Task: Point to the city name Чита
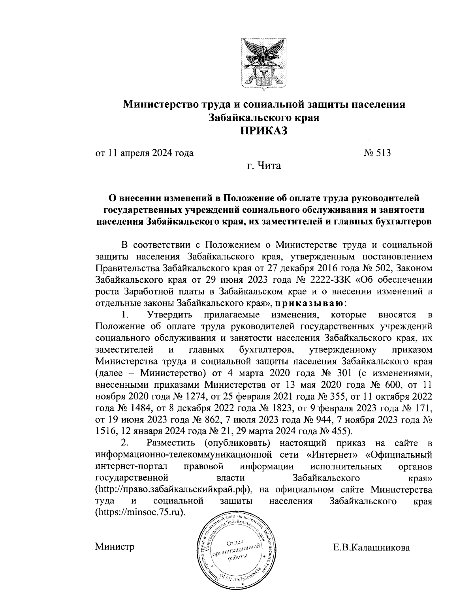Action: (269, 166)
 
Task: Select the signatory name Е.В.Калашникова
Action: (371, 548)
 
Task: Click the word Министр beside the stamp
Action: (115, 547)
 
